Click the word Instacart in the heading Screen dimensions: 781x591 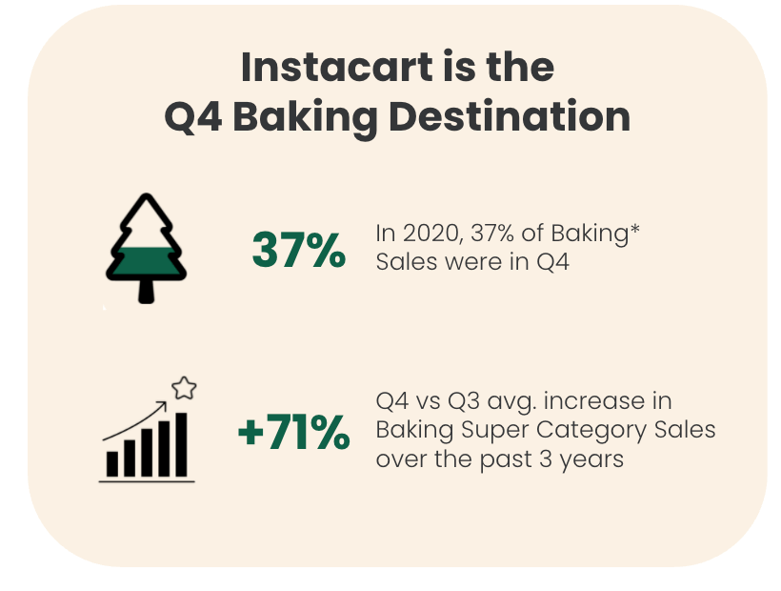point(337,67)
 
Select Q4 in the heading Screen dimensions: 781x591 point(193,117)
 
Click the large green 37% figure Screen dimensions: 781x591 point(299,250)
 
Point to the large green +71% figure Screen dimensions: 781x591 point(294,432)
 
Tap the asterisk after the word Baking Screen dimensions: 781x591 point(634,230)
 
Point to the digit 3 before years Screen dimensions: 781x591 point(546,459)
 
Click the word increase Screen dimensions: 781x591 point(608,401)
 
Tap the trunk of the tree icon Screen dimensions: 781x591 point(146,291)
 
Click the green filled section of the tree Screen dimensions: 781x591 point(146,261)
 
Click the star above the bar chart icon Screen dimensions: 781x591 point(184,388)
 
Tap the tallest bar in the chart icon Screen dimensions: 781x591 point(181,444)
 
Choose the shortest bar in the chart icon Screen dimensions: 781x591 point(112,464)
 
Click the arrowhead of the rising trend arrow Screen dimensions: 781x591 point(163,404)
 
